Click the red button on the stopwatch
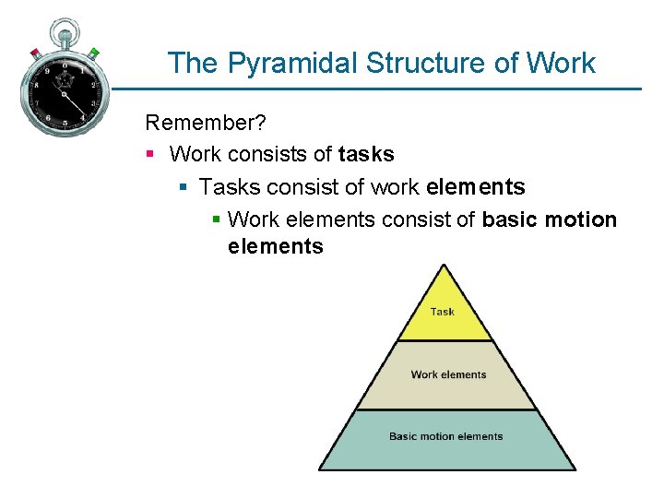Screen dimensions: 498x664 pos(35,52)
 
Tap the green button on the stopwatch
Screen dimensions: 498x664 pos(94,52)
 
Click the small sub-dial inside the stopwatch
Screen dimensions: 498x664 pos(65,80)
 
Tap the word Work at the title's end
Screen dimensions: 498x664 pos(562,63)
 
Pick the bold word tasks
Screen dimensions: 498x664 pos(366,154)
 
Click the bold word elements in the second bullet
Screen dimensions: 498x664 pos(475,187)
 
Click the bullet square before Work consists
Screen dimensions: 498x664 pos(150,154)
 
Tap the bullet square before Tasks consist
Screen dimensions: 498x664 pos(183,187)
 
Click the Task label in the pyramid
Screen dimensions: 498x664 pos(443,312)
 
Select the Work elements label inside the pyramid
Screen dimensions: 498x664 pos(448,374)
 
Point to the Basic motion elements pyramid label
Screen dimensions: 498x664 pos(446,436)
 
